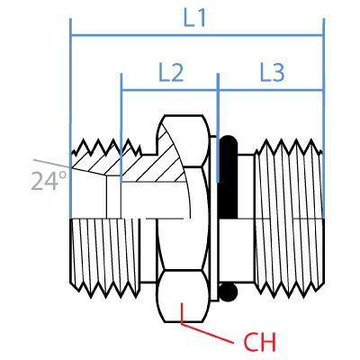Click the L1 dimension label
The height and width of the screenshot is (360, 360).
tap(195, 17)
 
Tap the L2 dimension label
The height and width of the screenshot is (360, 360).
tap(170, 72)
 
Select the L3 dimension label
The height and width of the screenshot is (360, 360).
tap(272, 72)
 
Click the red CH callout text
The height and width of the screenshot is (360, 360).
tap(258, 342)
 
